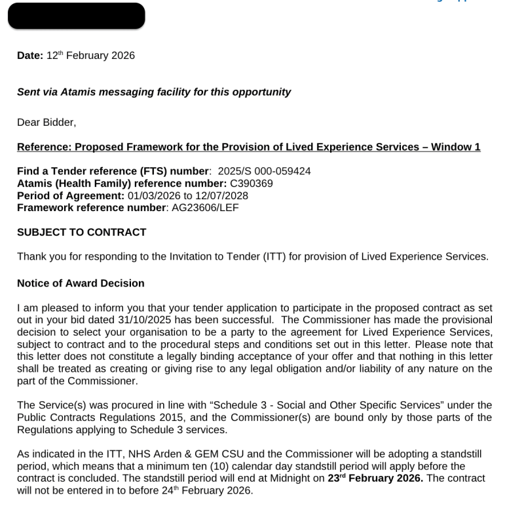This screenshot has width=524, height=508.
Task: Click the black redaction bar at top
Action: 76,16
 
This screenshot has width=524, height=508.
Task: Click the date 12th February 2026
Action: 90,56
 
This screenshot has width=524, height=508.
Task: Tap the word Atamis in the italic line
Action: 78,92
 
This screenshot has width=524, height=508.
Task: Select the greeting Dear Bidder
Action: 46,122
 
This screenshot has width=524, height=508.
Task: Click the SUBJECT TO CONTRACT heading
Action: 81,232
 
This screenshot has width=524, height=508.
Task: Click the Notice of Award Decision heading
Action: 81,283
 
